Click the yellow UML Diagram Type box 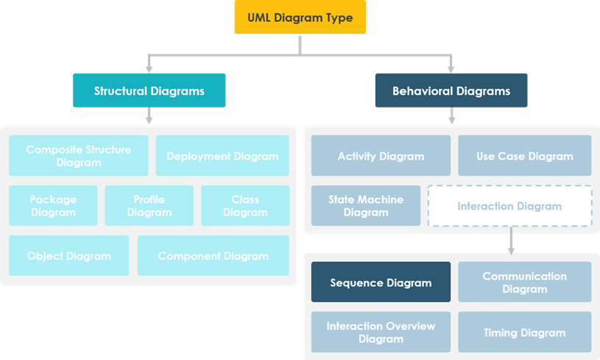click(300, 18)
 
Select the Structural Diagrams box click(149, 91)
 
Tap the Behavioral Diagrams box click(451, 91)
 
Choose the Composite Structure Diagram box click(78, 155)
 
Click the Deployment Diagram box click(222, 155)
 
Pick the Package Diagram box click(53, 205)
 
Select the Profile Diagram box click(149, 205)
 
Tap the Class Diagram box click(244, 205)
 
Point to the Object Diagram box click(68, 255)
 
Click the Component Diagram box click(213, 255)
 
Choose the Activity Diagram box click(381, 155)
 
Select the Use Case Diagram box click(524, 155)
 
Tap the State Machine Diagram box click(366, 205)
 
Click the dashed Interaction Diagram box click(509, 205)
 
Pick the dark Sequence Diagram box click(381, 282)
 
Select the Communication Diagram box click(524, 282)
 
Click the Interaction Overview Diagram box click(381, 332)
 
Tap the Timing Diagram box click(524, 332)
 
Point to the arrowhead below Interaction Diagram click(511, 250)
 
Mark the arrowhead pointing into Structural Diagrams click(149, 68)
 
